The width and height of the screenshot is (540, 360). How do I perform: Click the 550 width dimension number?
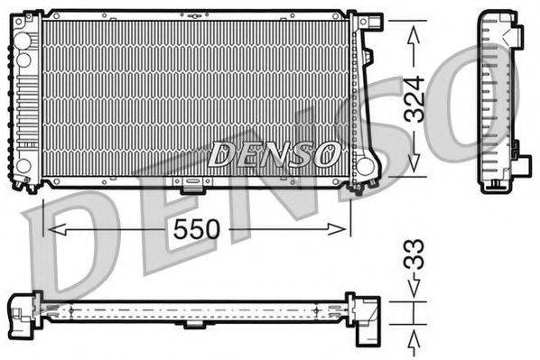pyautogui.click(x=198, y=229)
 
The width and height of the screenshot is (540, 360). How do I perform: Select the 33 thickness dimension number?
pyautogui.click(x=413, y=263)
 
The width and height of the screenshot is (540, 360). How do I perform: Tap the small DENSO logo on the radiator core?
pyautogui.click(x=274, y=153)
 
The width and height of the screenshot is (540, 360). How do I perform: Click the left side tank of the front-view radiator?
pyautogui.click(x=26, y=99)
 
